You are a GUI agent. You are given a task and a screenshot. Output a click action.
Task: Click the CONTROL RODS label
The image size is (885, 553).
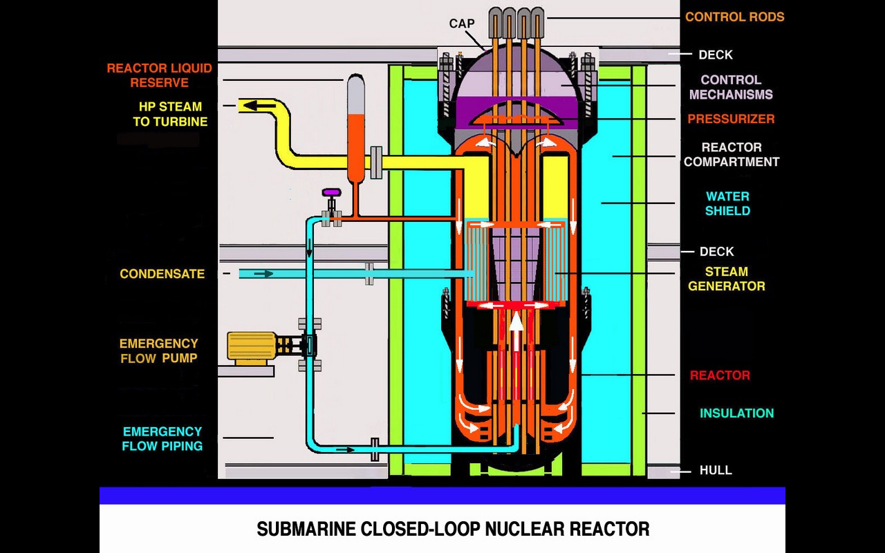coord(734,17)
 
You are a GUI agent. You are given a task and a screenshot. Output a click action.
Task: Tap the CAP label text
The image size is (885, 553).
coord(462,24)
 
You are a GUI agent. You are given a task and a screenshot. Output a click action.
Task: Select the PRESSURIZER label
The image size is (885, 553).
coord(731,119)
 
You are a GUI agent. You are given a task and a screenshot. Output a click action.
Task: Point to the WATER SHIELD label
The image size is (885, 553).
coord(727,204)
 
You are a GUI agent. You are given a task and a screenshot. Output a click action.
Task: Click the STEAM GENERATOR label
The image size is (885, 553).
coord(726,279)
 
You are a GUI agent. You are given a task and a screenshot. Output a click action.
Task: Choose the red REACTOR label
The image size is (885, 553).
coord(720,375)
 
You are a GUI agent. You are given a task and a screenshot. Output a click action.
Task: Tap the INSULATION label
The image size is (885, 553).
coord(736,413)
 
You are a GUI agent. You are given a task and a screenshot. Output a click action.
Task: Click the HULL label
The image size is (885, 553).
coord(716,471)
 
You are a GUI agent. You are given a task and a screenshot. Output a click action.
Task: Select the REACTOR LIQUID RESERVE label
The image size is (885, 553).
coord(159,75)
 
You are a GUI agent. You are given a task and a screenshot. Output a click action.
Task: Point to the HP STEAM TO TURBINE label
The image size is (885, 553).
coord(170,114)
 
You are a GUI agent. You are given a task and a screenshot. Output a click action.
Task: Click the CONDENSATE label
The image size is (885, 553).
coord(162,274)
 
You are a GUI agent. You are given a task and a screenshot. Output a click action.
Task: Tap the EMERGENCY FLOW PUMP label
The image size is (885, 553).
coord(158,350)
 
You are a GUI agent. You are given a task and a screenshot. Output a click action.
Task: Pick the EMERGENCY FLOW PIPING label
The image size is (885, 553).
coord(162,439)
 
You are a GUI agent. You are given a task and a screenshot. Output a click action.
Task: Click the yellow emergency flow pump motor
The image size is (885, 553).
coord(252,347)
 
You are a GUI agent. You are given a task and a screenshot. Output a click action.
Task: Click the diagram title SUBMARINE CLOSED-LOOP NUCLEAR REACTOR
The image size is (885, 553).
coord(453,529)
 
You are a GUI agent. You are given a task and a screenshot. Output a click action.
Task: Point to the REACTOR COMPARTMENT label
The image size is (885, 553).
coord(732,155)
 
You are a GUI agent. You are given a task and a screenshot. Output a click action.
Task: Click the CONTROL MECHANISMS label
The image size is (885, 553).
coord(731,87)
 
